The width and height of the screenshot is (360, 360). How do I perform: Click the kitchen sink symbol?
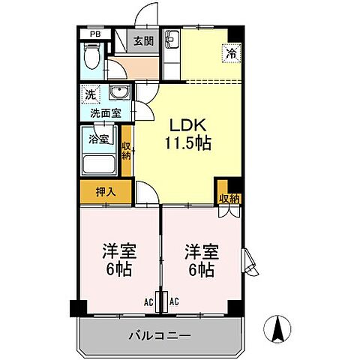tap(169, 39)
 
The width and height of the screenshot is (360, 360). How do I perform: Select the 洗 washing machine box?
tap(90, 95)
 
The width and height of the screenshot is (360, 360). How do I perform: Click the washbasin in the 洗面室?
tap(118, 94)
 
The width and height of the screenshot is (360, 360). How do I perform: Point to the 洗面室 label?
tap(106, 113)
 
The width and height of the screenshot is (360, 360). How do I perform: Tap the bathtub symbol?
tap(99, 164)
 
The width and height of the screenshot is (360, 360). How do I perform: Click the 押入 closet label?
tap(106, 192)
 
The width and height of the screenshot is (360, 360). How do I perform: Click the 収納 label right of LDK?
tap(229, 198)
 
